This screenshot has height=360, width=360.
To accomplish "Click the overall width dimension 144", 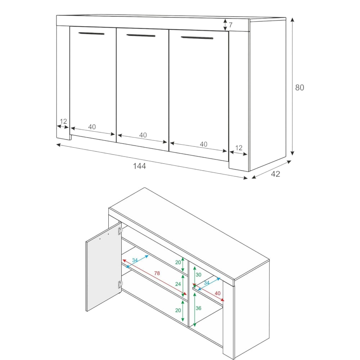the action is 139,166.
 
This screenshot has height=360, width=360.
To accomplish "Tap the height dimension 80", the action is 300,87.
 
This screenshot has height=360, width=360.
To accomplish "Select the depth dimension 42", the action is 275,174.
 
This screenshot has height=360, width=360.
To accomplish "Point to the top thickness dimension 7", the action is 230,25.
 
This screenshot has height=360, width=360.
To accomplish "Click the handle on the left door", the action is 91,33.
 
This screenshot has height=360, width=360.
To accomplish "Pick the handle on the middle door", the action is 141,35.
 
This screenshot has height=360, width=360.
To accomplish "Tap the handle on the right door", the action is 197,38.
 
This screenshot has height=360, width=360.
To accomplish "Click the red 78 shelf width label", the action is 157,273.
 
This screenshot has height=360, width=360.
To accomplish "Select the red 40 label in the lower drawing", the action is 217,293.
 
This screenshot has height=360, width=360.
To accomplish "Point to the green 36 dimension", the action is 198,308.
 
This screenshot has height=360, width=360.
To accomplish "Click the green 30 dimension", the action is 198,275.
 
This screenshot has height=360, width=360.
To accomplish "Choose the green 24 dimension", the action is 178,284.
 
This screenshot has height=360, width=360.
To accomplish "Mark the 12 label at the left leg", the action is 63,121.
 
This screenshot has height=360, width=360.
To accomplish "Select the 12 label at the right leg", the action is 239,148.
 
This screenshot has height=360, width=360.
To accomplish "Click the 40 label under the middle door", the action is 143,135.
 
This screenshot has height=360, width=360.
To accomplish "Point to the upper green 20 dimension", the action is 178,262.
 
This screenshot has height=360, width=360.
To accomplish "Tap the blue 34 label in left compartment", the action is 135,260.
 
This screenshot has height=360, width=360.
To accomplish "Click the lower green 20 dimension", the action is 178,310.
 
